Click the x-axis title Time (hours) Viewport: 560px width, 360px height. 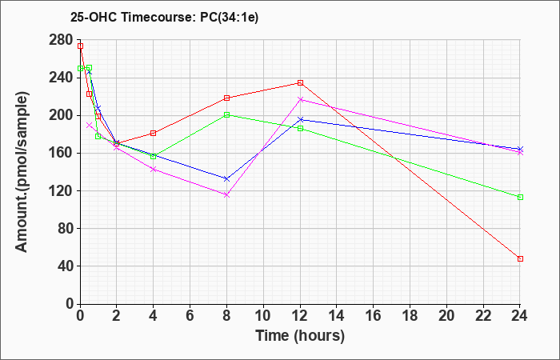pyautogui.click(x=300, y=335)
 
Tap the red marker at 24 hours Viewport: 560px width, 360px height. pyautogui.click(x=520, y=258)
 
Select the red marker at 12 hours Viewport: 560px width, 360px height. pyautogui.click(x=300, y=82)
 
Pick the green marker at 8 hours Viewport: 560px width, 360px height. pyautogui.click(x=226, y=115)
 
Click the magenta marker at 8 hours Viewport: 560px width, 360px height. pyautogui.click(x=226, y=194)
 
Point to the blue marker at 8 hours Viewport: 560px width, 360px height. pyautogui.click(x=226, y=179)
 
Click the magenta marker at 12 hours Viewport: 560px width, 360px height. pyautogui.click(x=300, y=99)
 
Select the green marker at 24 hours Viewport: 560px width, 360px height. pyautogui.click(x=520, y=197)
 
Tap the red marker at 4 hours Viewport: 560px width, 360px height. pyautogui.click(x=153, y=133)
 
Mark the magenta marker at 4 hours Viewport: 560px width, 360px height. pyautogui.click(x=153, y=169)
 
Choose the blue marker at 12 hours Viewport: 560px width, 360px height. pyautogui.click(x=300, y=120)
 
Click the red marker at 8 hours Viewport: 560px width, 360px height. pyautogui.click(x=226, y=98)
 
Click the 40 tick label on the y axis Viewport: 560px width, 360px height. pyautogui.click(x=64, y=266)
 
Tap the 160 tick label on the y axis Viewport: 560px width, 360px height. pyautogui.click(x=61, y=153)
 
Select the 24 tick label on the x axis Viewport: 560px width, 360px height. pyautogui.click(x=520, y=316)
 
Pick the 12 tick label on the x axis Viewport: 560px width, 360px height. pyautogui.click(x=300, y=316)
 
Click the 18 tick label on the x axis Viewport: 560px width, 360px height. pyautogui.click(x=410, y=316)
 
